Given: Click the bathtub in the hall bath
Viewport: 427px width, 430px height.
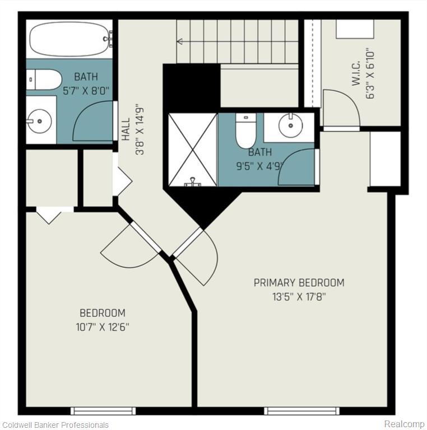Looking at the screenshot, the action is tap(69, 39).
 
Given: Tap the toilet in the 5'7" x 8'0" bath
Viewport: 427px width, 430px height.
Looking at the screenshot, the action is tap(44, 80).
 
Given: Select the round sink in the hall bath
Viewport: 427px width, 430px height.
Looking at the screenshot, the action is tap(40, 121).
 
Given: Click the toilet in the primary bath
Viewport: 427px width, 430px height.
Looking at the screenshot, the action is tap(246, 130).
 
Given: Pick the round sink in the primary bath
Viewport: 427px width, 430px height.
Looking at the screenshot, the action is tap(291, 125).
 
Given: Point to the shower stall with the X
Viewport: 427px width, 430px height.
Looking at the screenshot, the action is tap(193, 149).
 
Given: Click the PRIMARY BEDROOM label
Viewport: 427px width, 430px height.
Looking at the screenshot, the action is tap(299, 283).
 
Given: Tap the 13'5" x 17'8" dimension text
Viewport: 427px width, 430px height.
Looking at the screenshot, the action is tap(299, 297).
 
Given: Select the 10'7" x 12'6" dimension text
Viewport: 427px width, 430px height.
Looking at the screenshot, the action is tap(103, 327).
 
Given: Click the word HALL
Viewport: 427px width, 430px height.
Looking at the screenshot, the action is tap(126, 129).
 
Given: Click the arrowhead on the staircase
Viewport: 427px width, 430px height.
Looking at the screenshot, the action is tap(180, 41).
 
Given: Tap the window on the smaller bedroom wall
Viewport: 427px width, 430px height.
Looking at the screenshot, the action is tap(103, 411).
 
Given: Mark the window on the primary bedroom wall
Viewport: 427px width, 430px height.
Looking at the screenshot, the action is tap(302, 411).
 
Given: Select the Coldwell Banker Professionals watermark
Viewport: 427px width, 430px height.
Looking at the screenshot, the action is tap(55, 425).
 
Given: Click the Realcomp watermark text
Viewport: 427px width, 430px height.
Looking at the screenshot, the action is tap(404, 424).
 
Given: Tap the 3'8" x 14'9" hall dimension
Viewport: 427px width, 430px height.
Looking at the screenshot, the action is tap(140, 129).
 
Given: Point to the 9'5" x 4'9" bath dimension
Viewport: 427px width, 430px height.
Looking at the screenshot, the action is tap(259, 166).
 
